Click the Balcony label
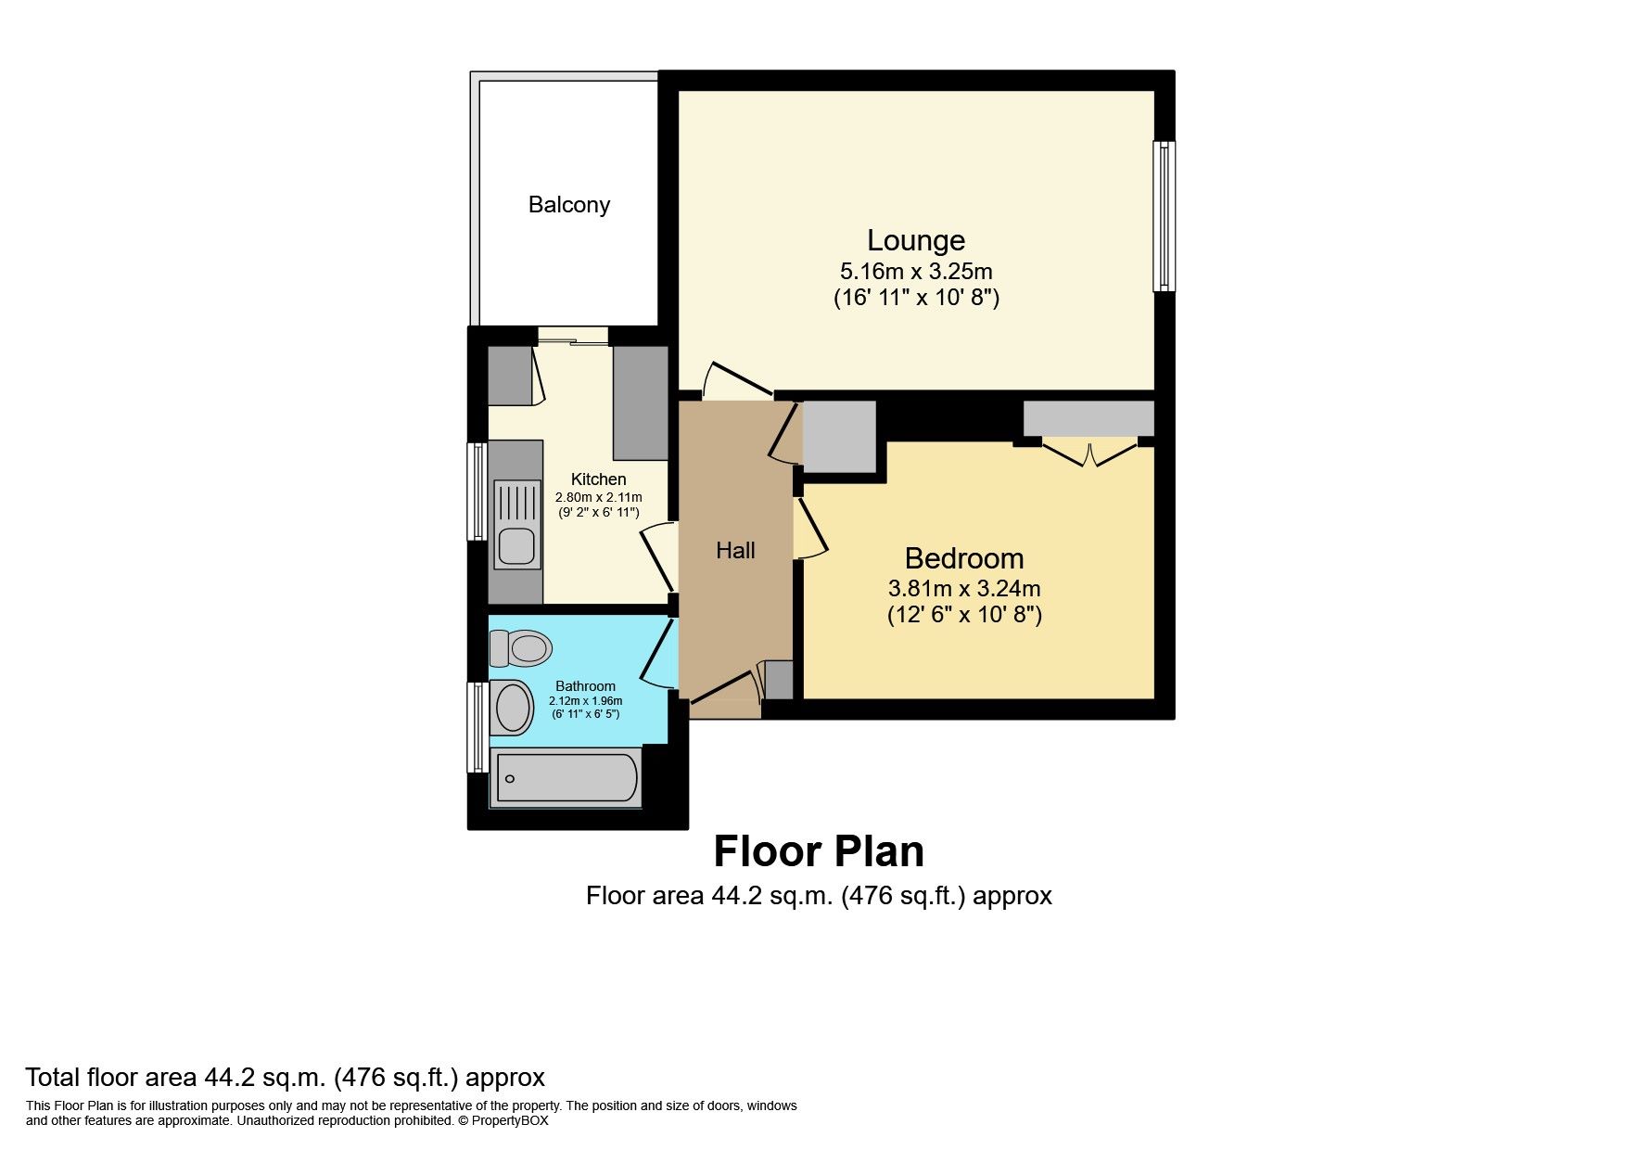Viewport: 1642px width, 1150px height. tap(568, 205)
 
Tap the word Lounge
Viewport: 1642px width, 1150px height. tap(916, 241)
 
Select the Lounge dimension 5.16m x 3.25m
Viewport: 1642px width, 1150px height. tap(916, 272)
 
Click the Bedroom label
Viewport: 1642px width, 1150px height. tap(964, 558)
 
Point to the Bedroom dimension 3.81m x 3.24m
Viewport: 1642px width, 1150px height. tap(964, 588)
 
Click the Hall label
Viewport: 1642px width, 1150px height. tap(735, 551)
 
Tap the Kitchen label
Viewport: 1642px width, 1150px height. tap(598, 479)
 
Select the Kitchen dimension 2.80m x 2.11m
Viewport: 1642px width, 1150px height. tap(598, 498)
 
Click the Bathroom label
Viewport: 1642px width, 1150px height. tap(585, 686)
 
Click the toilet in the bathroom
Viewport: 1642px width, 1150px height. tap(520, 647)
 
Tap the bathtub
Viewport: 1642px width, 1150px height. tap(566, 777)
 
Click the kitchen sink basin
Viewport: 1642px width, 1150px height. tap(517, 546)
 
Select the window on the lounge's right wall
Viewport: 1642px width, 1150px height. tap(1165, 216)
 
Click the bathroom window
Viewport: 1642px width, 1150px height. tap(477, 727)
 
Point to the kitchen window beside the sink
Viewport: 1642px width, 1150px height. tap(477, 491)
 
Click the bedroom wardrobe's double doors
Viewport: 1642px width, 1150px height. tap(1089, 453)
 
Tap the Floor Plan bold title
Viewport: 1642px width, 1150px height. tap(819, 851)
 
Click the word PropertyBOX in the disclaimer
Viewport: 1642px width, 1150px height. tap(510, 1120)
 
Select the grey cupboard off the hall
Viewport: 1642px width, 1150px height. tap(839, 436)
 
